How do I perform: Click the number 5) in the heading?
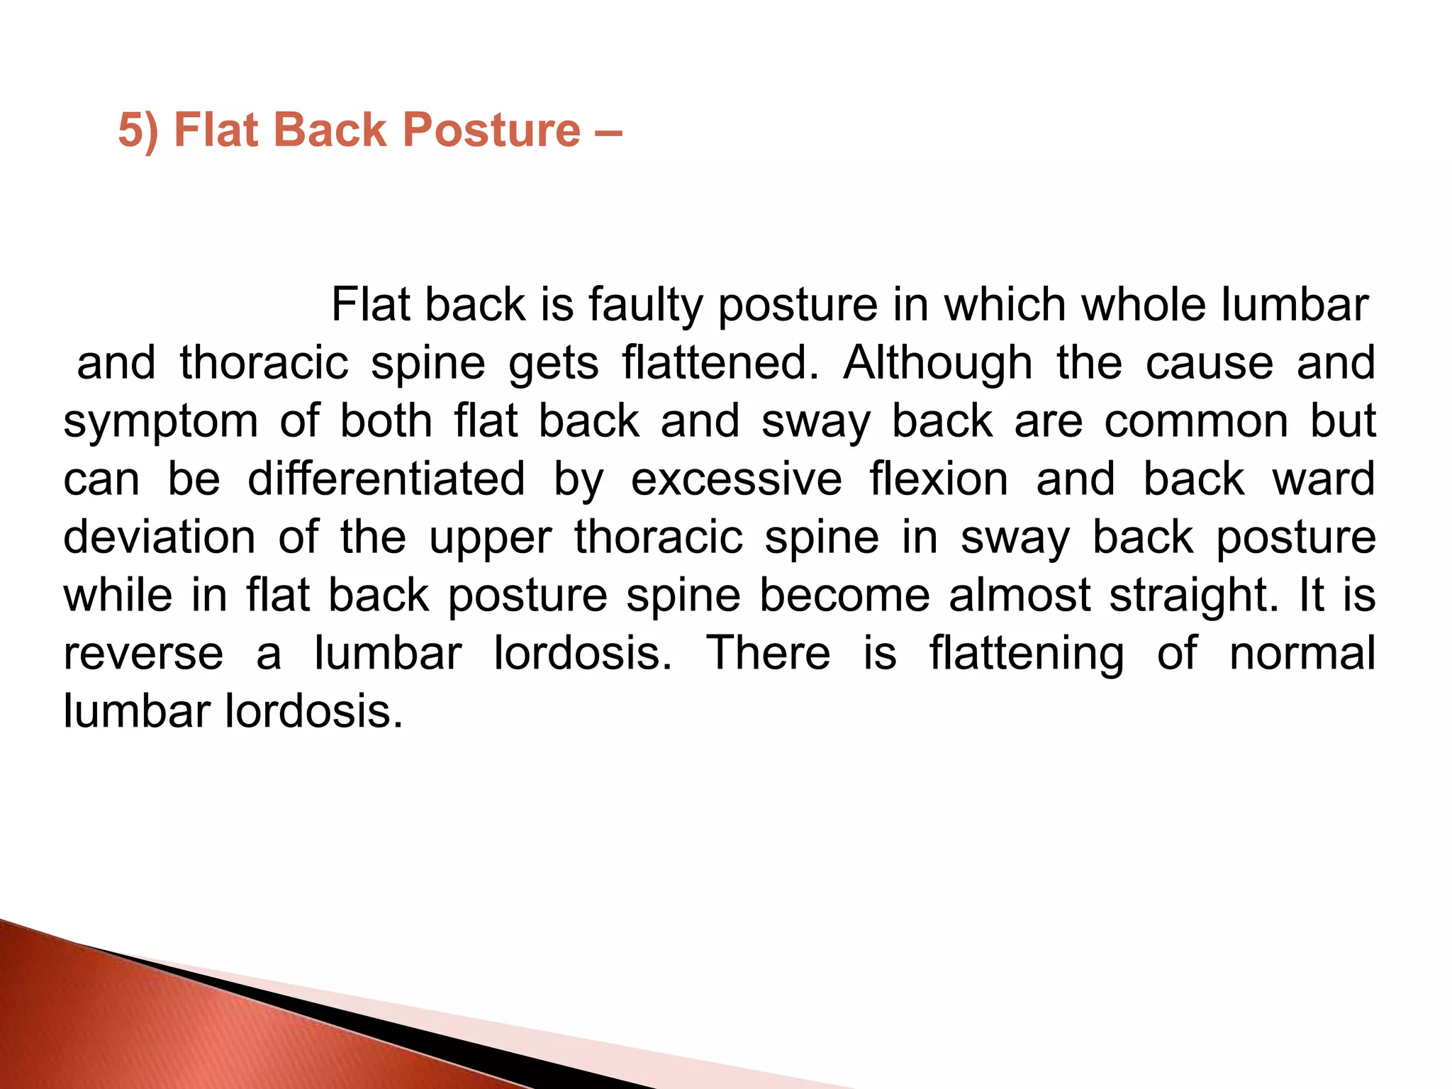click(138, 130)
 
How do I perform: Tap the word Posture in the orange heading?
click(492, 130)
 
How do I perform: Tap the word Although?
click(937, 363)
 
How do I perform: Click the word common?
click(1196, 421)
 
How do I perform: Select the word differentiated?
click(386, 479)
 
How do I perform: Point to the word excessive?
click(737, 479)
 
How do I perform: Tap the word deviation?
click(160, 537)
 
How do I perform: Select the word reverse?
click(143, 654)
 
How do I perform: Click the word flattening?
click(1027, 654)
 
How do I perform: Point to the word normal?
click(1302, 654)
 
